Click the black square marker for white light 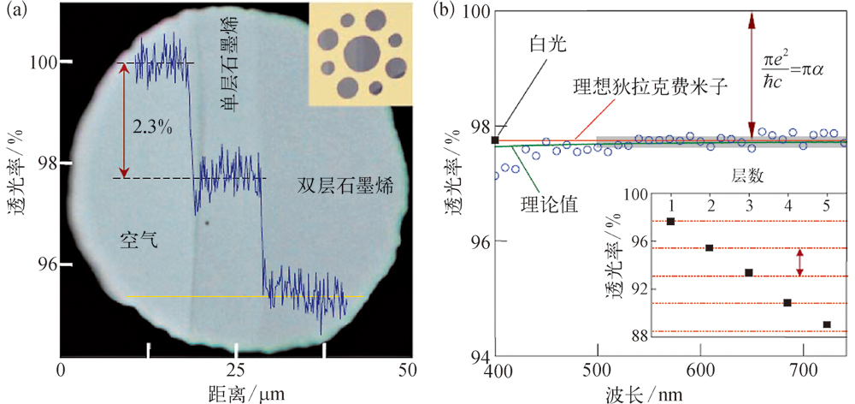[x=495, y=140]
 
